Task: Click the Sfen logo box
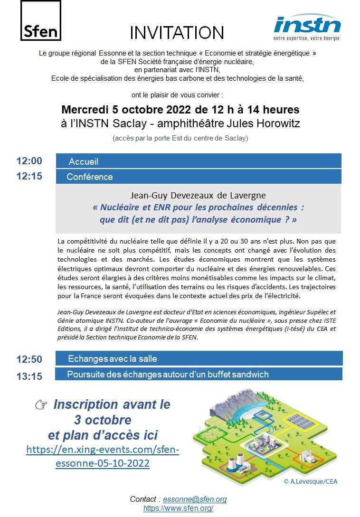41,21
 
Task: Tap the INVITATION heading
177,32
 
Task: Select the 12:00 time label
29,161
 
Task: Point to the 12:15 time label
29,176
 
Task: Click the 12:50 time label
29,359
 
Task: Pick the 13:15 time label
29,376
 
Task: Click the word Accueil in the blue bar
84,161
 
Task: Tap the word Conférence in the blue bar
90,177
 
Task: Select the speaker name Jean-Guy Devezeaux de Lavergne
198,195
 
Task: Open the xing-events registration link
103,456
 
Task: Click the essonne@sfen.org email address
195,499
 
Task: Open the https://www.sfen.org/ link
178,508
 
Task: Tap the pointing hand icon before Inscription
41,405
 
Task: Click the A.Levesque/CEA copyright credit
310,481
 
